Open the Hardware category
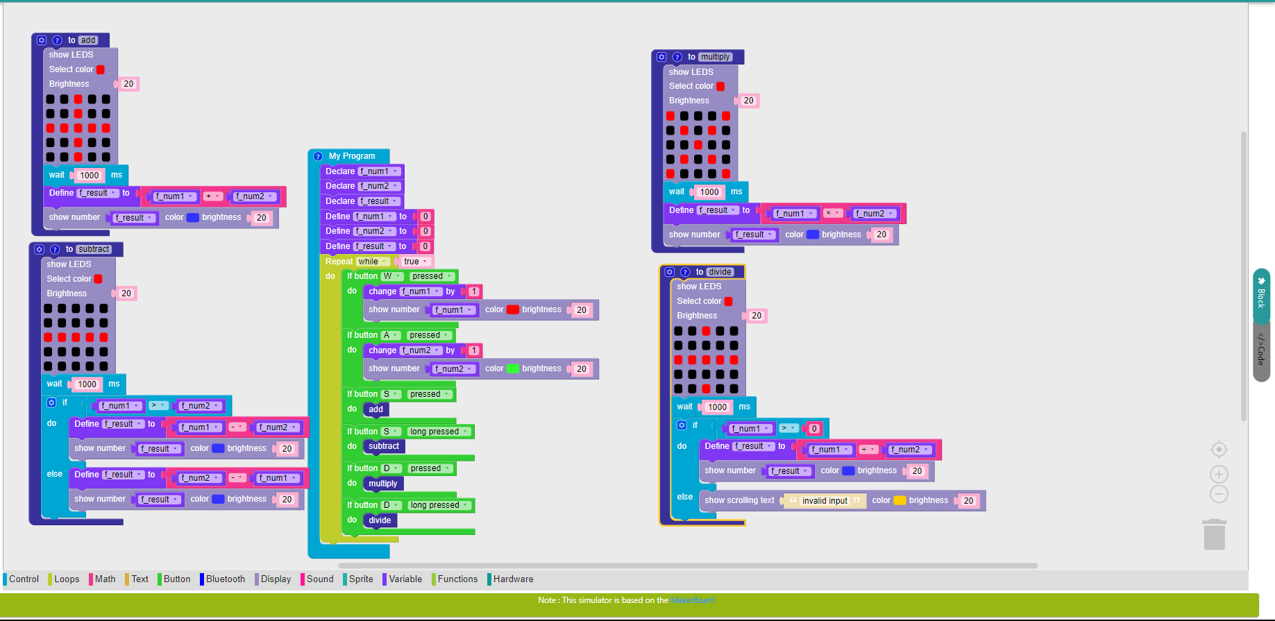click(x=511, y=579)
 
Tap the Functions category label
click(x=455, y=579)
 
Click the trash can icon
click(x=1215, y=534)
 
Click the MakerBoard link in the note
click(x=692, y=600)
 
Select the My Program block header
click(x=352, y=156)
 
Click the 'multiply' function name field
click(x=715, y=57)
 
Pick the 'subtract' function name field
click(x=94, y=249)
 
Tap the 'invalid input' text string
click(x=825, y=501)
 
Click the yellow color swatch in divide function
click(x=900, y=500)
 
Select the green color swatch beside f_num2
click(x=513, y=368)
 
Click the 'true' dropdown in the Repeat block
click(x=415, y=262)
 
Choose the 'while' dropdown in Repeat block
click(x=373, y=262)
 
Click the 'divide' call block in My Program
click(x=380, y=520)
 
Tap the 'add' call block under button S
click(x=375, y=409)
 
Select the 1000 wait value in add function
click(x=90, y=176)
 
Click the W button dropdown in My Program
click(x=392, y=276)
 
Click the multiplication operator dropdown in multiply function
click(x=833, y=213)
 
